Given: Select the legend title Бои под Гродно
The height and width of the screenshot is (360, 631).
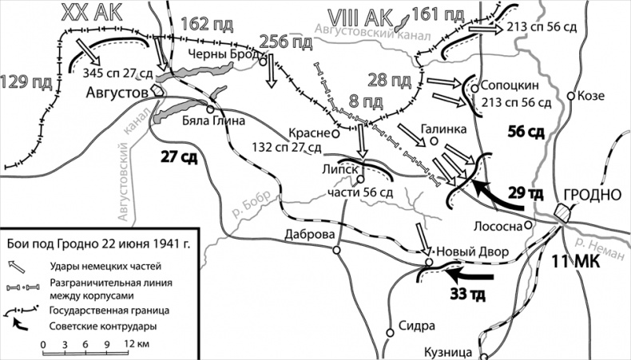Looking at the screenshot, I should (x=97, y=243).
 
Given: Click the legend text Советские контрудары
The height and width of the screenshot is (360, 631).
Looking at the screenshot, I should (x=105, y=326).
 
